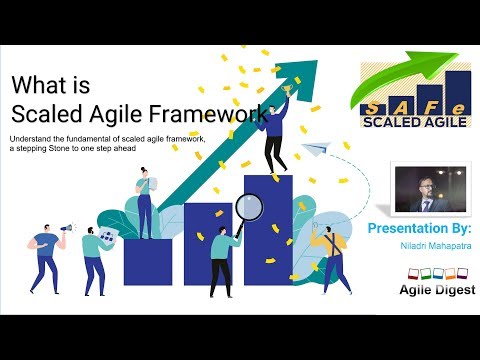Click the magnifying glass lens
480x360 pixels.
coord(249,207)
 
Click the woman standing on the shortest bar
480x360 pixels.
coord(146,201)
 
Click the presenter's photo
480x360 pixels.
coord(421,188)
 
